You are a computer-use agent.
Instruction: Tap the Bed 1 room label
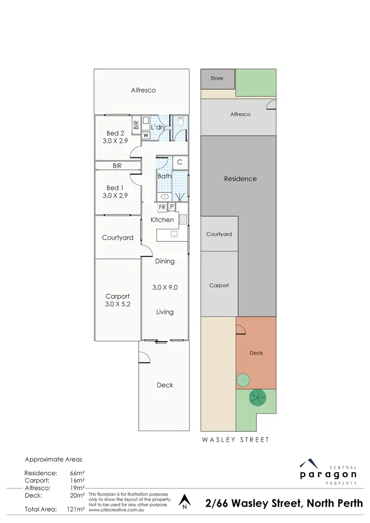(x=112, y=187)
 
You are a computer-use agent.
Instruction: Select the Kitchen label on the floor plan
(x=162, y=220)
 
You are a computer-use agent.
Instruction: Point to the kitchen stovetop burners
(x=182, y=220)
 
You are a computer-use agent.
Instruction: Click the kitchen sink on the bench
(x=174, y=234)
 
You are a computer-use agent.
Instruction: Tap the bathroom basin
(x=165, y=195)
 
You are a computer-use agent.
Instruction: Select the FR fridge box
(x=162, y=207)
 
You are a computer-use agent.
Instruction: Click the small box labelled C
(x=180, y=162)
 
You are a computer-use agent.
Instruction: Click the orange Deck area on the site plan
(x=257, y=353)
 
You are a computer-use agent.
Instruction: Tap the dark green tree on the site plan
(x=257, y=397)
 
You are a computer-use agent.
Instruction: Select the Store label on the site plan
(x=217, y=78)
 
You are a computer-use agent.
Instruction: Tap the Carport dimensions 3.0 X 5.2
(x=117, y=304)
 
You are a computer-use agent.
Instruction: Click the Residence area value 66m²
(x=77, y=473)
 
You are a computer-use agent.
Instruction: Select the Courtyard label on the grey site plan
(x=219, y=234)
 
